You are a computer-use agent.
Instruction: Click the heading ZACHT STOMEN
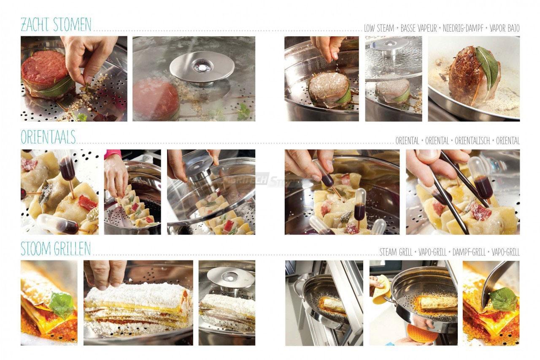click(x=56, y=24)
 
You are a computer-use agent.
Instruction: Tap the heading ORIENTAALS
click(x=48, y=137)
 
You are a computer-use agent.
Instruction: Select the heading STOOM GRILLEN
click(x=55, y=249)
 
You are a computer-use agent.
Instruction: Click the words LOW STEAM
click(x=379, y=28)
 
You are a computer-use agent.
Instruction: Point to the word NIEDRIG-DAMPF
click(x=463, y=28)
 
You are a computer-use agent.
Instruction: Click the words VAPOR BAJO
click(x=504, y=28)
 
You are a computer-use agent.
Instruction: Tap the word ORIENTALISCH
click(x=472, y=141)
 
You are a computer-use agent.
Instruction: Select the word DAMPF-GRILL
click(x=469, y=252)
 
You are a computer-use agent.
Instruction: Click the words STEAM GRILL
click(x=396, y=252)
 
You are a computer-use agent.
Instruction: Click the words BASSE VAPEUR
click(x=418, y=28)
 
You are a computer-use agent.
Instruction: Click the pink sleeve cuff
click(x=112, y=154)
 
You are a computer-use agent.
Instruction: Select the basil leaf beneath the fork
click(x=502, y=299)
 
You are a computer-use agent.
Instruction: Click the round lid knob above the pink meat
click(x=202, y=67)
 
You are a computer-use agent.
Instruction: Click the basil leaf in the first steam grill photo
click(x=62, y=304)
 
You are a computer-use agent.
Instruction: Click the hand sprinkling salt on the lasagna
click(x=105, y=274)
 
